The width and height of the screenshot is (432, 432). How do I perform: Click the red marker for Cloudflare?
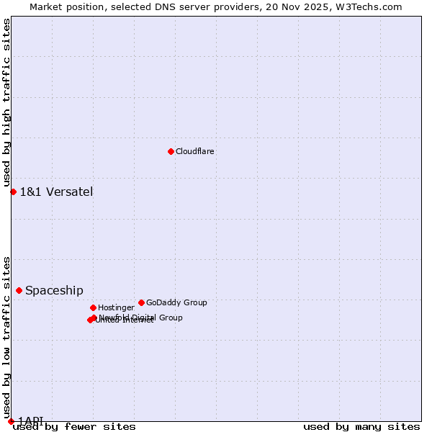[x=171, y=151]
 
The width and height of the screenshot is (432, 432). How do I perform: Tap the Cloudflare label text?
[x=195, y=152]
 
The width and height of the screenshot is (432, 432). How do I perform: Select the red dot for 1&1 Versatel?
[x=13, y=192]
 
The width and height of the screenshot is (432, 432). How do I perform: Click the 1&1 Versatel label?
[x=56, y=192]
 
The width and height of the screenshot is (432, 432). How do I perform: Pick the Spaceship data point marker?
[x=19, y=290]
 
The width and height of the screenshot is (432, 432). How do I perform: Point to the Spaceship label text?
[x=54, y=291]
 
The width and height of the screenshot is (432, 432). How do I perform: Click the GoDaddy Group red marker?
[x=141, y=302]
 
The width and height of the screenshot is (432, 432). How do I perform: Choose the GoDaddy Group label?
[x=176, y=303]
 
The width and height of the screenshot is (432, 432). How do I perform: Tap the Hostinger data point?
[x=93, y=307]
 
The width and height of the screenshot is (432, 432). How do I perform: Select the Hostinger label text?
[x=116, y=308]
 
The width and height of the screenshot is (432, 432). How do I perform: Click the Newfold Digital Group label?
[x=141, y=317]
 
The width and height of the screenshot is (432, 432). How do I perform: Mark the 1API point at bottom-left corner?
[x=11, y=421]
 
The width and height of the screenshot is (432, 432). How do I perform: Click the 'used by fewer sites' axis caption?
[x=74, y=426]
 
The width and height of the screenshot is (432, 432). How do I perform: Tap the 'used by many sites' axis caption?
[x=361, y=426]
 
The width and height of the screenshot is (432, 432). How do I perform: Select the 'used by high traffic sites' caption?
[x=6, y=103]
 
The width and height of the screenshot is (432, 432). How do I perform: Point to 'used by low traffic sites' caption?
[x=6, y=333]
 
